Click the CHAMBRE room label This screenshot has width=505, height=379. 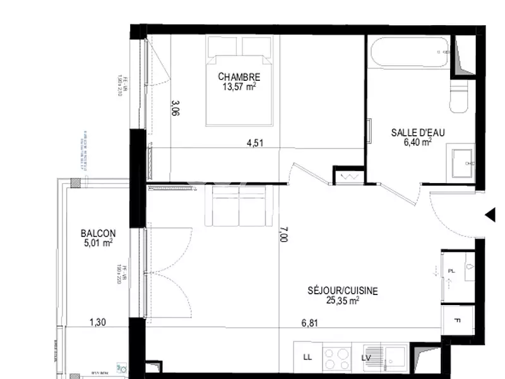click(x=239, y=77)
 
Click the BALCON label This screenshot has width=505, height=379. click(x=98, y=232)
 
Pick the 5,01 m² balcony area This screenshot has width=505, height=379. click(x=98, y=243)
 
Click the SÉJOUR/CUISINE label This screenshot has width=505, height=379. click(x=343, y=291)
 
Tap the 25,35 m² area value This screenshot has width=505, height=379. click(x=343, y=301)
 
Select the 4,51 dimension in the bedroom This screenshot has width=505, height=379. click(x=254, y=143)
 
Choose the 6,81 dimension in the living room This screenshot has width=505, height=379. click(x=309, y=323)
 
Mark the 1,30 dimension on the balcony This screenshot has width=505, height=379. click(x=97, y=323)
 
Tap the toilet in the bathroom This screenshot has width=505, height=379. click(x=460, y=98)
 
